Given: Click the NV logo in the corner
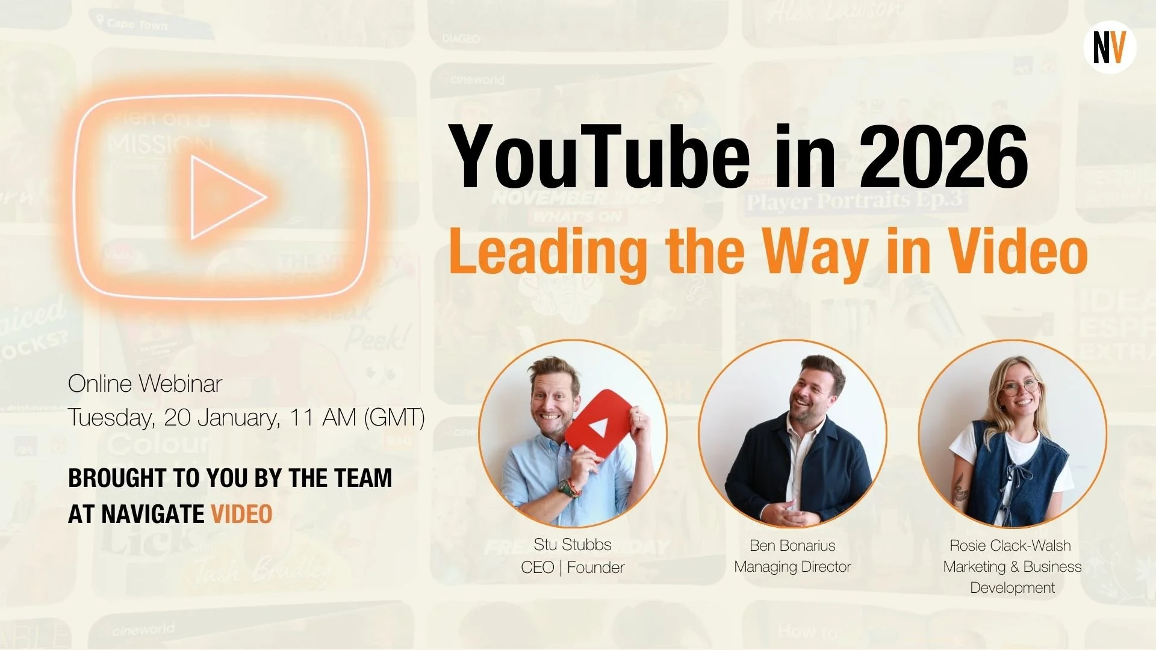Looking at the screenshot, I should pos(1110,48).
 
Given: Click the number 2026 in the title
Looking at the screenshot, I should pos(943,157).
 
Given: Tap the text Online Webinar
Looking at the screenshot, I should pos(145,383).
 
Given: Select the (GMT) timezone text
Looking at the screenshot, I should pos(395,417).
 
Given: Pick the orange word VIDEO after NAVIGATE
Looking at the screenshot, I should pos(241,515).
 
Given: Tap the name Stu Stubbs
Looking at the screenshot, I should pos(573,545).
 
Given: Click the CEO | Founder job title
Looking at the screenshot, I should pos(573,568).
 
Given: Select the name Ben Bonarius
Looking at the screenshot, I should pos(792,545).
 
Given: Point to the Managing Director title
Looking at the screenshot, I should pos(792,566).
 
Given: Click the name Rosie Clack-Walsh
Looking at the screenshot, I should pos(1010,545).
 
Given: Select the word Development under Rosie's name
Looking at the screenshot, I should pos(1012,587).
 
